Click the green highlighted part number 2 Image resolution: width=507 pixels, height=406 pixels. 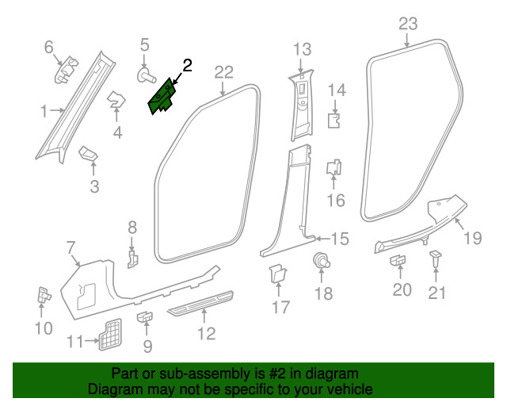164,98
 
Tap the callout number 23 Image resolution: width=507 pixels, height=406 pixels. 407,25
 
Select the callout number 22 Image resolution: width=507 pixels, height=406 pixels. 223,72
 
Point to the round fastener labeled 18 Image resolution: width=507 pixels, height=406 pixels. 322,260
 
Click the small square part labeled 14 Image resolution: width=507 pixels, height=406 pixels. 335,121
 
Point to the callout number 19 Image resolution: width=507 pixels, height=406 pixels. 472,236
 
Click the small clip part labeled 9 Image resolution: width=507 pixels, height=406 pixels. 145,318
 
